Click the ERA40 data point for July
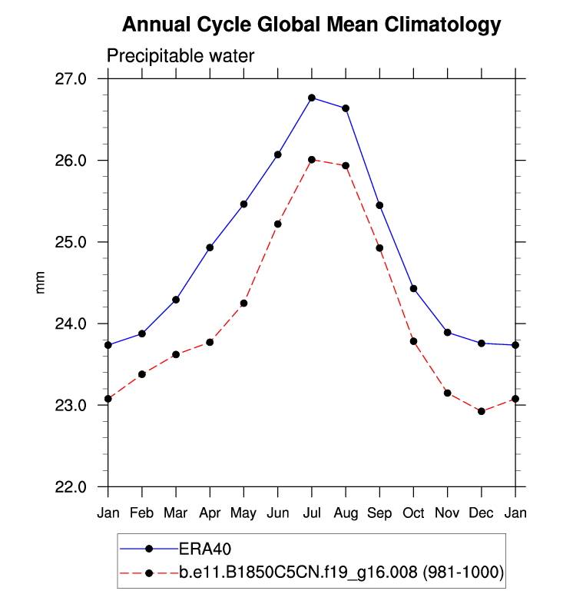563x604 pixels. click(x=312, y=98)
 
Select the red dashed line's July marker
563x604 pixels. click(x=312, y=160)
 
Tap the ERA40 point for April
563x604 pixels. click(x=210, y=247)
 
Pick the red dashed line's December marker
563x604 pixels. click(x=482, y=411)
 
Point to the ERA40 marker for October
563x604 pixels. click(x=413, y=288)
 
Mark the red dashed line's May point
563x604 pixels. click(x=243, y=304)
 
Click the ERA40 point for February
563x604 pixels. click(x=142, y=334)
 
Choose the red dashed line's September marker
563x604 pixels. click(x=379, y=247)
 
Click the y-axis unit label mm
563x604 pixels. click(x=42, y=282)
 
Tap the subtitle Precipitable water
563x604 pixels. click(x=180, y=55)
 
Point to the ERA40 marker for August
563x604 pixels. click(x=346, y=108)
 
